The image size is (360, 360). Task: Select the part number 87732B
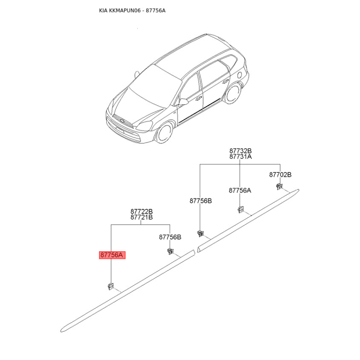(240, 151)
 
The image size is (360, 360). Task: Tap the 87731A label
(240, 157)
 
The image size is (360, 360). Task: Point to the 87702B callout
(280, 174)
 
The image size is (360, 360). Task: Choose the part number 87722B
(142, 211)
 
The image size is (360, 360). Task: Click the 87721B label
(142, 217)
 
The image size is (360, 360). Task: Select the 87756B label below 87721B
(170, 237)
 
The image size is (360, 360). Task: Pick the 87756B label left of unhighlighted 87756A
(200, 201)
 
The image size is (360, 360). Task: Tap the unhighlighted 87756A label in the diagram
(240, 190)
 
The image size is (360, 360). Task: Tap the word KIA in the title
(103, 10)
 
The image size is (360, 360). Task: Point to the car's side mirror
(183, 103)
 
